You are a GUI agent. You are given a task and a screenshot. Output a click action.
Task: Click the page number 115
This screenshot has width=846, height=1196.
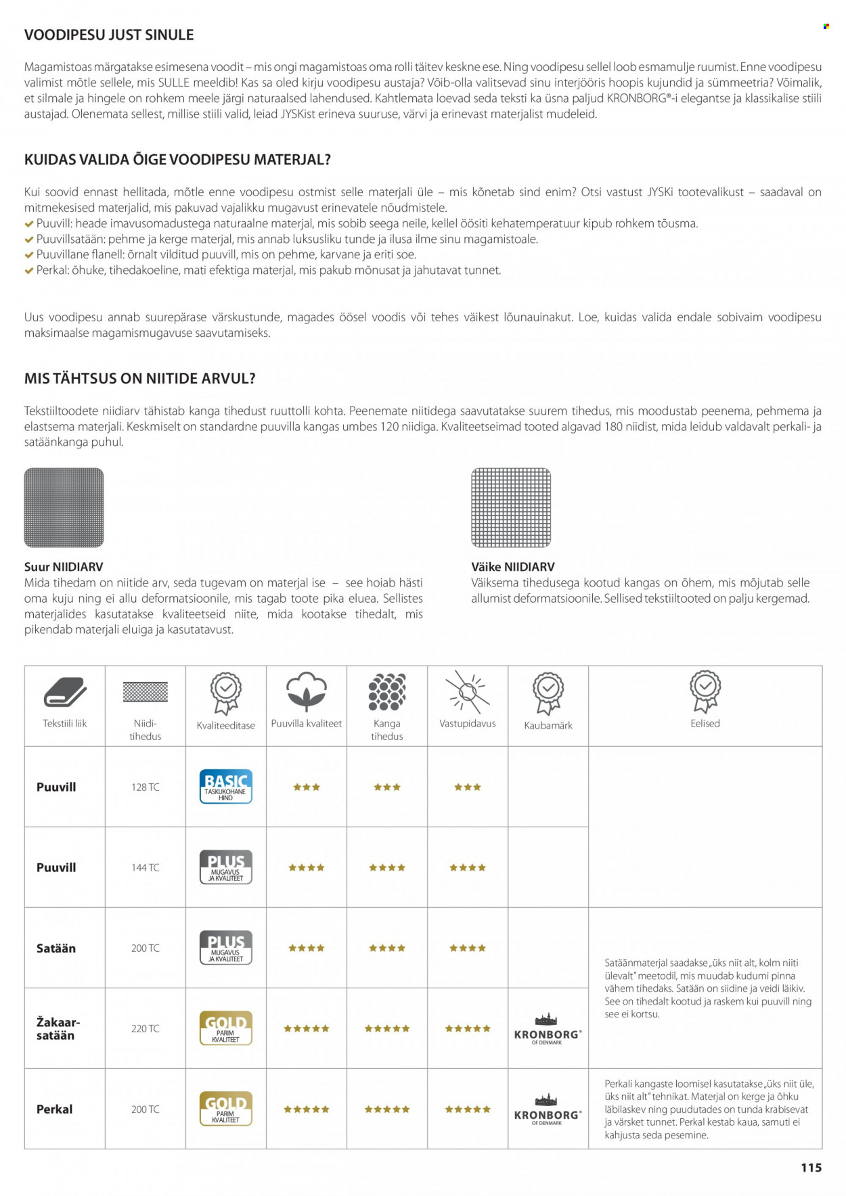(x=811, y=1168)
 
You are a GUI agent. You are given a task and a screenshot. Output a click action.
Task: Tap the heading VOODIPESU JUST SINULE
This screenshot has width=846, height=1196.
(x=109, y=35)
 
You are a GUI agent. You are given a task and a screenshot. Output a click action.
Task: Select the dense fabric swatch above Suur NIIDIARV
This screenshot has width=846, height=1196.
(x=64, y=507)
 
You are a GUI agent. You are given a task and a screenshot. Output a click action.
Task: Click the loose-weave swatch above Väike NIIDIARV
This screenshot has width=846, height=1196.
(x=511, y=507)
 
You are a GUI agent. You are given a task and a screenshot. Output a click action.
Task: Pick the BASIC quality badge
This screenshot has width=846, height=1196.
(x=226, y=787)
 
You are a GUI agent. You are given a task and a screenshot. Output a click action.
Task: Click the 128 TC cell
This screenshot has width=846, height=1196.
(x=146, y=787)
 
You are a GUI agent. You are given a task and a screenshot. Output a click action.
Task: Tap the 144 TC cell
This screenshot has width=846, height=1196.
(x=146, y=868)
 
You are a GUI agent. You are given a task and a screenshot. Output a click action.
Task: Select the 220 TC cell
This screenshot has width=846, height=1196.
(x=146, y=1029)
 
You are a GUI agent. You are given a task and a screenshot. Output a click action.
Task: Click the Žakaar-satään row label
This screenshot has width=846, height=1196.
(x=58, y=1028)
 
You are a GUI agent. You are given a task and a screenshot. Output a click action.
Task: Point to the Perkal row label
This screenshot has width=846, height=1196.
(x=55, y=1109)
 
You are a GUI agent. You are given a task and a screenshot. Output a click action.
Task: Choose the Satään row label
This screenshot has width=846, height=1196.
(x=56, y=948)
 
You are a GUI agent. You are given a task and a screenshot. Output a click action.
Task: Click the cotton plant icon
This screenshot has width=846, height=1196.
(x=307, y=691)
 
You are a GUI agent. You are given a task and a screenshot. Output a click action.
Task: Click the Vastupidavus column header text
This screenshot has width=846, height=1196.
(x=468, y=724)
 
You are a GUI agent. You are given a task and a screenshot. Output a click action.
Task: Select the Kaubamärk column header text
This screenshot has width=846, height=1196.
(x=548, y=725)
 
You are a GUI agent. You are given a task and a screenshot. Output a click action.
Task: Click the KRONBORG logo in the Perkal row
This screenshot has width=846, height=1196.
(x=548, y=1110)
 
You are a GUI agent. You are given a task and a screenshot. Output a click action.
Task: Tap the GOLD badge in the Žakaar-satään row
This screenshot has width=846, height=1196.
(x=226, y=1028)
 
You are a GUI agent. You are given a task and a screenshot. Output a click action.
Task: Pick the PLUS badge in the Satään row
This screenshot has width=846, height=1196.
(x=226, y=948)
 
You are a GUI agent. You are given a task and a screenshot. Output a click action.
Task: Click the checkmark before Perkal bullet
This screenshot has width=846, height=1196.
(x=29, y=271)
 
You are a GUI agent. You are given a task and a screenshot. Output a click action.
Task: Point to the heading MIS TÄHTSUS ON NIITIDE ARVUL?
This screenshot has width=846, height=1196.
(x=140, y=379)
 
